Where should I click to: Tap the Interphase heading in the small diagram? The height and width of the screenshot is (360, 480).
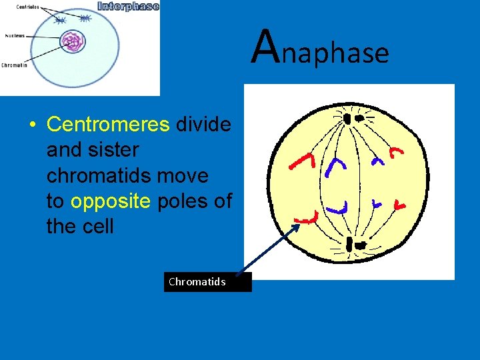click(128, 6)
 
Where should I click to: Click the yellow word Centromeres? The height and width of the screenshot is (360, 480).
click(109, 125)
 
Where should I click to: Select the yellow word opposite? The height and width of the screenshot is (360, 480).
click(111, 201)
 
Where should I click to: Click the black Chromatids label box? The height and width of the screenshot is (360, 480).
click(207, 282)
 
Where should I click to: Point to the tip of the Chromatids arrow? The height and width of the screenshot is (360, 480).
click(300, 224)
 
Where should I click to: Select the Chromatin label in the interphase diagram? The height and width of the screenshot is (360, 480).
click(14, 65)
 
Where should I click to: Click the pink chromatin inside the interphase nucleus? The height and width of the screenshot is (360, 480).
click(73, 43)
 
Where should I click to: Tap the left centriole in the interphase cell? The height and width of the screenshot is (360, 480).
click(60, 21)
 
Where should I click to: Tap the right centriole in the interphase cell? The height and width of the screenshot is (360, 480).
click(85, 19)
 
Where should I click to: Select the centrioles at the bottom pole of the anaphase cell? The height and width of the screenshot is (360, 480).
click(354, 246)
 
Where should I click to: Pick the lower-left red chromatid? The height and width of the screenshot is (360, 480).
click(307, 217)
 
